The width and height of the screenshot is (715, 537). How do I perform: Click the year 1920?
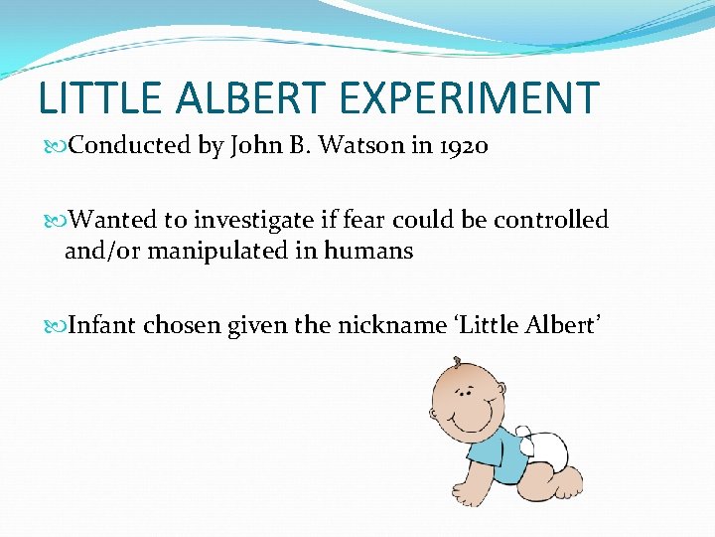tap(462, 146)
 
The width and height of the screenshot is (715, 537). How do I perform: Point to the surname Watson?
tap(375, 146)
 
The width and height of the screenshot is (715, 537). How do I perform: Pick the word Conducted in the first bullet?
tap(131, 146)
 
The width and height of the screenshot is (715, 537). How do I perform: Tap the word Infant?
tap(103, 324)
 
